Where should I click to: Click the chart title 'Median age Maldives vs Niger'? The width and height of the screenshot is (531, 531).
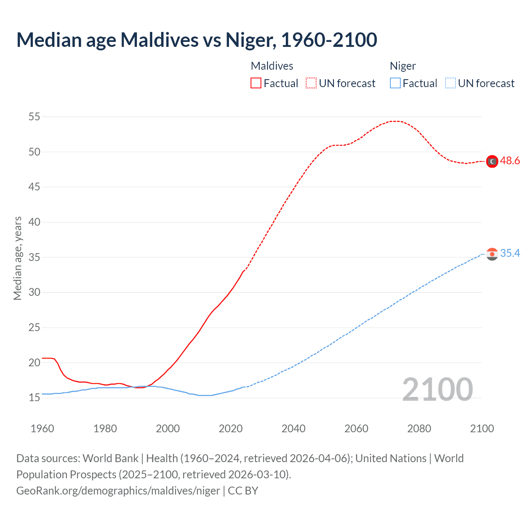click(x=197, y=40)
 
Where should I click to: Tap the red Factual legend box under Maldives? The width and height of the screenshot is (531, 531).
click(x=256, y=83)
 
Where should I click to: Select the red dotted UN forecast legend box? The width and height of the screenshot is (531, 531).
click(x=311, y=83)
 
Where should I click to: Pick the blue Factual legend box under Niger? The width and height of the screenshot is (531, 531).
click(x=395, y=83)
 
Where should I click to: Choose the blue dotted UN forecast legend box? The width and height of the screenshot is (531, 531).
click(x=450, y=83)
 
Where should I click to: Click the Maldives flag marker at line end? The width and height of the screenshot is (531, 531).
click(x=492, y=161)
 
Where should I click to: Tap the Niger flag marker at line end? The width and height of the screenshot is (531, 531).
click(x=492, y=254)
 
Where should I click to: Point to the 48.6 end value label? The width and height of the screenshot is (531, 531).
click(x=510, y=161)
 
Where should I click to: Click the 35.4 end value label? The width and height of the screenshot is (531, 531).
click(x=510, y=253)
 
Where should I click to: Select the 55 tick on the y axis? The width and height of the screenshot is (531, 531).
click(x=34, y=117)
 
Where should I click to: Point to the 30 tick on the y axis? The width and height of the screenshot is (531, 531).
click(x=34, y=292)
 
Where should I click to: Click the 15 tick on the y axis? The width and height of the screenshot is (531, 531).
click(x=34, y=398)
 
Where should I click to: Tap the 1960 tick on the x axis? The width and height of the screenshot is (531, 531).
click(x=42, y=429)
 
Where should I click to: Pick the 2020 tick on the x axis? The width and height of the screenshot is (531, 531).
click(x=231, y=429)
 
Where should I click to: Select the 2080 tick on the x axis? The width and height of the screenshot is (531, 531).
click(x=419, y=429)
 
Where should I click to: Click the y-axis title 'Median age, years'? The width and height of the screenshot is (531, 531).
click(x=17, y=258)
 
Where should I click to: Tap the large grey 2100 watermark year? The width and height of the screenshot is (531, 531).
click(x=437, y=389)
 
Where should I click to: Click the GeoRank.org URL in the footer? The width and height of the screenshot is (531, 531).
click(x=118, y=491)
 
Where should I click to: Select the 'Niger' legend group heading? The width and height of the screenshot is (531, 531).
click(x=402, y=66)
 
